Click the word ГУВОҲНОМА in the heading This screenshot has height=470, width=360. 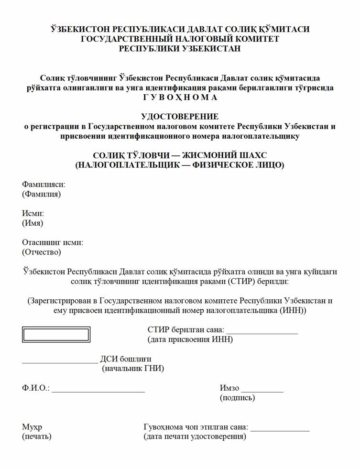tap(180, 98)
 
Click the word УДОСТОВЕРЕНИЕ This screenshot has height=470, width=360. tap(180, 116)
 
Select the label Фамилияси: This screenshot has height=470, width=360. tap(44, 184)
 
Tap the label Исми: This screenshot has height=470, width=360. tap(33, 213)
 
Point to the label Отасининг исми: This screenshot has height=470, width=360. tap(53, 242)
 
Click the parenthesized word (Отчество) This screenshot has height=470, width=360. tap(42, 252)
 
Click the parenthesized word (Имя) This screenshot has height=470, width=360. tap(33, 223)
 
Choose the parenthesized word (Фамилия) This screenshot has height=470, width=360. tap(42, 194)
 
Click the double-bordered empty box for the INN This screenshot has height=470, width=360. tap(56, 334)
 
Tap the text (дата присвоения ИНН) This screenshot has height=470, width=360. tap(190, 340)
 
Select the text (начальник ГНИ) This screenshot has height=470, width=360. tap(133, 369)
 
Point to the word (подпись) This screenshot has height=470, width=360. tap(237, 398)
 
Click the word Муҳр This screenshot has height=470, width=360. tap(32, 427)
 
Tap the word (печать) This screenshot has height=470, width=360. tap(37, 437)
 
